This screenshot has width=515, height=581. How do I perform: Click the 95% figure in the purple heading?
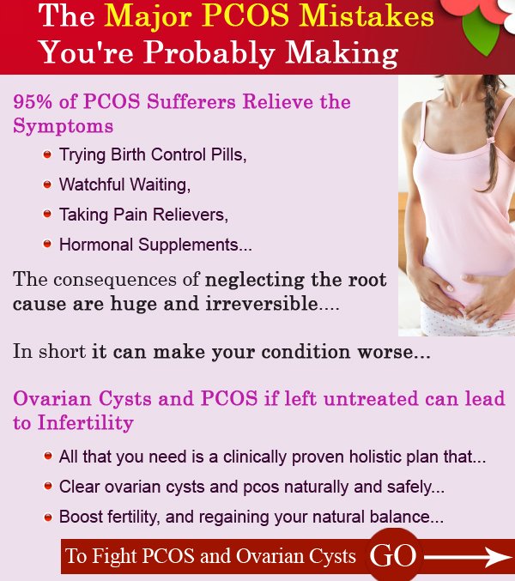[33, 101]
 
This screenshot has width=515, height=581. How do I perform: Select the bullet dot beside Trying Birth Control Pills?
[47, 154]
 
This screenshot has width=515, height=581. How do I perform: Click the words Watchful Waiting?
[124, 185]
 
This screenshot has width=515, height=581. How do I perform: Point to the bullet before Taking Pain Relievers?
[47, 214]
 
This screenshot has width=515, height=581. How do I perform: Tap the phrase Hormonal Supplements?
[155, 245]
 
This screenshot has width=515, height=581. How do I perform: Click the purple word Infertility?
[86, 422]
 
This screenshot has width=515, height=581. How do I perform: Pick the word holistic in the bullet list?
[375, 457]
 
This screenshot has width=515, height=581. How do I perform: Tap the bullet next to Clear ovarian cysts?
[48, 486]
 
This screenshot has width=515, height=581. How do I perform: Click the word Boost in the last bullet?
[81, 517]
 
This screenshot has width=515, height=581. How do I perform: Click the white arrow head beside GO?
[501, 557]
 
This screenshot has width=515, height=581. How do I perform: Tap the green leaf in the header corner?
[481, 33]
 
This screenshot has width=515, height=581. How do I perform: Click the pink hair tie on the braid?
[492, 141]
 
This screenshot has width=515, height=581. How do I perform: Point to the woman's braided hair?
[494, 133]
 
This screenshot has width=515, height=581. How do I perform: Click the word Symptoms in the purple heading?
[63, 127]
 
